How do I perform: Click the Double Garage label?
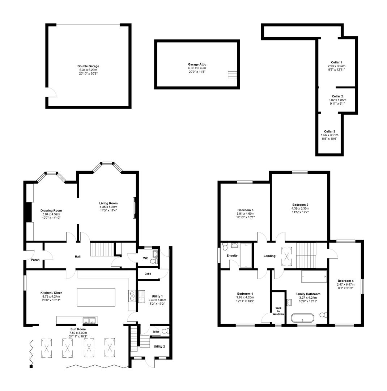coord(88,66)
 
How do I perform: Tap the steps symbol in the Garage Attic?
coord(232,75)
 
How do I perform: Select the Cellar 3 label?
coord(329,131)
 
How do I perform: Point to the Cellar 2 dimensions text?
coord(337,102)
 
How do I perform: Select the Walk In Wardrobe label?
coord(278,311)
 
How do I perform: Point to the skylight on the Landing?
coord(287,256)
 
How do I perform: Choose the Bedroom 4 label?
coord(346,281)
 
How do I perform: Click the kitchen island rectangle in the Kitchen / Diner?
coord(96,297)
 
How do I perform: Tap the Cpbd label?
coord(148,274)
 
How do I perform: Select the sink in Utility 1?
coord(141,297)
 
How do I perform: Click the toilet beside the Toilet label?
coord(165,331)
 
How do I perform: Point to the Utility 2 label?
coord(159,346)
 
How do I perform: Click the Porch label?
coord(35,260)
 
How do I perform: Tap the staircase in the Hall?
coord(102,249)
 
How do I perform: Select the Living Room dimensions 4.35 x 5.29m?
coord(109,207)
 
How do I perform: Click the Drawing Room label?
coord(51,210)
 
